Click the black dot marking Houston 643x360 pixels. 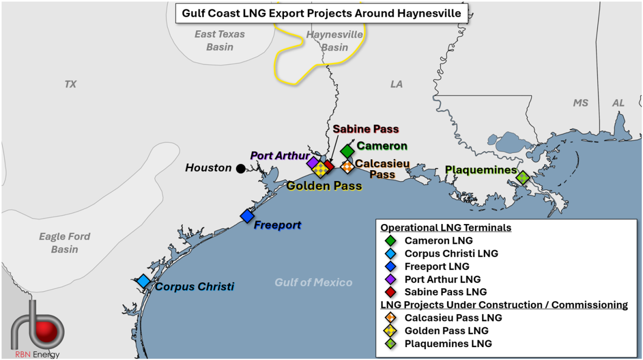point(240,169)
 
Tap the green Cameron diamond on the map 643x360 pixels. point(347,151)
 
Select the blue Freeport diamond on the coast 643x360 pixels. point(247,216)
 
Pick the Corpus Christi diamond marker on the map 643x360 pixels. point(143,281)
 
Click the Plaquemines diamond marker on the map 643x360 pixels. point(522,177)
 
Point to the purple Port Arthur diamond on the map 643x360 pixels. point(313,163)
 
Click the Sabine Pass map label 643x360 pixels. point(366,129)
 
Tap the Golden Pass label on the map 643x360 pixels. point(324,186)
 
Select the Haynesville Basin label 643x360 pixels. point(334,41)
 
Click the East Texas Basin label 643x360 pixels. point(220,41)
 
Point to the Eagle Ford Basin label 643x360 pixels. point(65,242)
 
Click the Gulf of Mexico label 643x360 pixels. point(314,282)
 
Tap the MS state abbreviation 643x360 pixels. point(581,103)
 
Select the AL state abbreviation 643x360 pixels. point(618,103)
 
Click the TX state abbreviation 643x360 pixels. point(71,84)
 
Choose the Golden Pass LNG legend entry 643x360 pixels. point(446,330)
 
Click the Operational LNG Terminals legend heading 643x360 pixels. point(446,227)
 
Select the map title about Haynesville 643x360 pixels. point(322,13)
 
